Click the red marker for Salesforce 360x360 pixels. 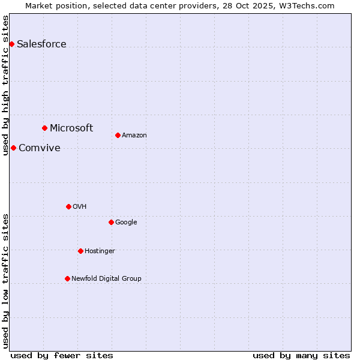11,44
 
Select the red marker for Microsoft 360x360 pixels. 44,128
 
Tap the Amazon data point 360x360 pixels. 118,135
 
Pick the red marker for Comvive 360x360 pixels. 13,148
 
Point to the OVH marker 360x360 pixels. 68,206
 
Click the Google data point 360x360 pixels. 111,222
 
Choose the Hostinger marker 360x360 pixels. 80,251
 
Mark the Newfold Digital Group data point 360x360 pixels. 67,278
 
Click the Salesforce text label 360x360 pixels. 41,44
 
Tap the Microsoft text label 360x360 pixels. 71,128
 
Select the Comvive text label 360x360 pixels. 40,148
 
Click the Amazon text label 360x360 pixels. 134,135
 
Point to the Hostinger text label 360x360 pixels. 100,251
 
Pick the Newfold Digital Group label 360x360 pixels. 106,278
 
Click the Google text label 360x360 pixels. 126,222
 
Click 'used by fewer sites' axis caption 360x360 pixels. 62,355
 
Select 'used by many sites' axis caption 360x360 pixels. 301,355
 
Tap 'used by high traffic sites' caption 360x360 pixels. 5,85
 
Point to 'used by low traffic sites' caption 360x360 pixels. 5,281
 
